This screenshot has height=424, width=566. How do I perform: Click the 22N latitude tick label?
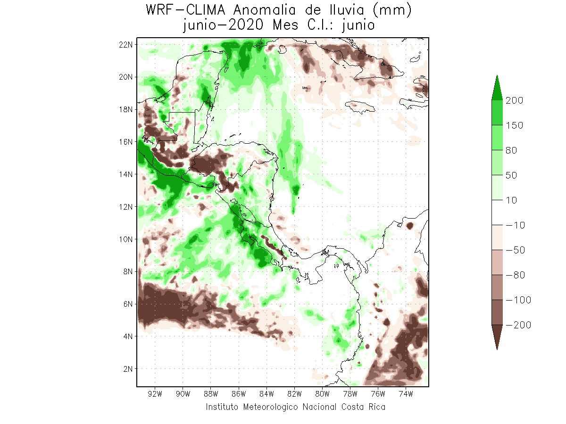(x=126, y=44)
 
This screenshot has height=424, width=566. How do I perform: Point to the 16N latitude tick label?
(x=126, y=141)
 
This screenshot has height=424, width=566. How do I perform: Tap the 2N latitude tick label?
(x=127, y=368)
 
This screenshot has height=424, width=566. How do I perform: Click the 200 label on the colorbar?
(x=515, y=100)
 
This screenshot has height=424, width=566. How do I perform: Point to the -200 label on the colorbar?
(x=517, y=325)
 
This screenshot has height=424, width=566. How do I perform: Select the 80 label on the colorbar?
(x=512, y=150)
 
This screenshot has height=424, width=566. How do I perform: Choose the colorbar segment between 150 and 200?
(x=497, y=113)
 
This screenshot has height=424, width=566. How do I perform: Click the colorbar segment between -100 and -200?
(x=497, y=312)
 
